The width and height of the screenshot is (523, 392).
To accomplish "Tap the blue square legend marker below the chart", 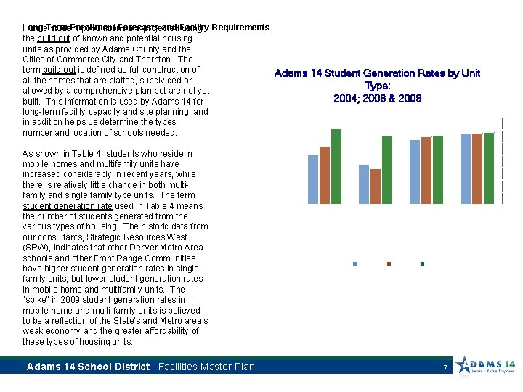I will (354, 264).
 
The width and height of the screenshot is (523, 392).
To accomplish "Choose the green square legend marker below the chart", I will (422, 264).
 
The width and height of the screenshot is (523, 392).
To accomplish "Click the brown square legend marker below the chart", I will (389, 264).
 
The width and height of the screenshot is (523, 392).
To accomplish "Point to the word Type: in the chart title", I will (377, 86).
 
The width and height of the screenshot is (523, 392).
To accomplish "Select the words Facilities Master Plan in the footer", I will (206, 367).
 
